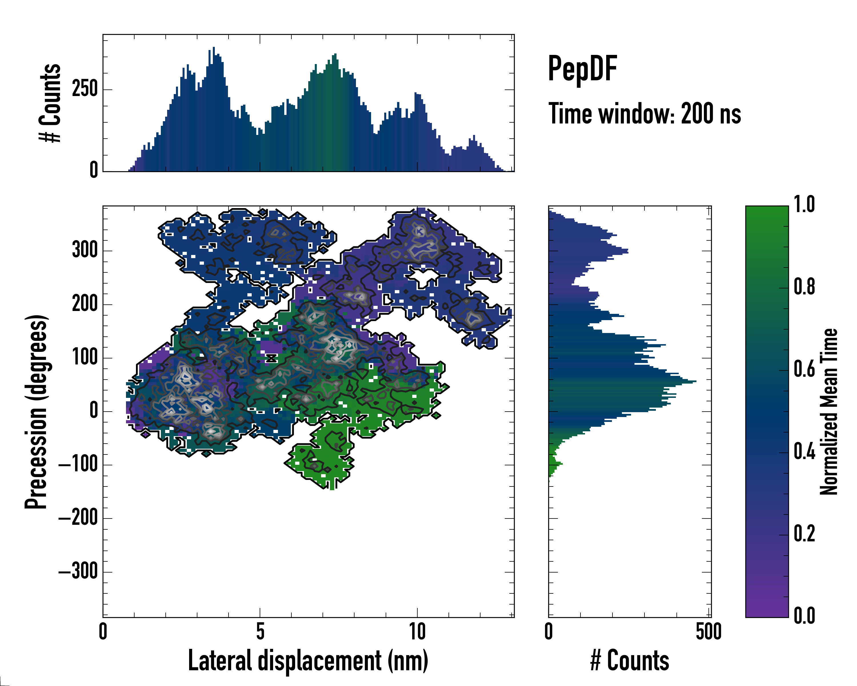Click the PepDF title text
[x=582, y=69]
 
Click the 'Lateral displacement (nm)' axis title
[x=308, y=661]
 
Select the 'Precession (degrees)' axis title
[x=36, y=412]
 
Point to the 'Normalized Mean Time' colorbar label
[x=829, y=412]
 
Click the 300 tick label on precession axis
[x=85, y=251]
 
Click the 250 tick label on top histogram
[x=85, y=89]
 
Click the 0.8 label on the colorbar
[x=804, y=287]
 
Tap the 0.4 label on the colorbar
[x=804, y=452]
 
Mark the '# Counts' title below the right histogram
[x=630, y=661]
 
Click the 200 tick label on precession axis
[x=85, y=304]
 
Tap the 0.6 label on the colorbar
[x=804, y=370]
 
